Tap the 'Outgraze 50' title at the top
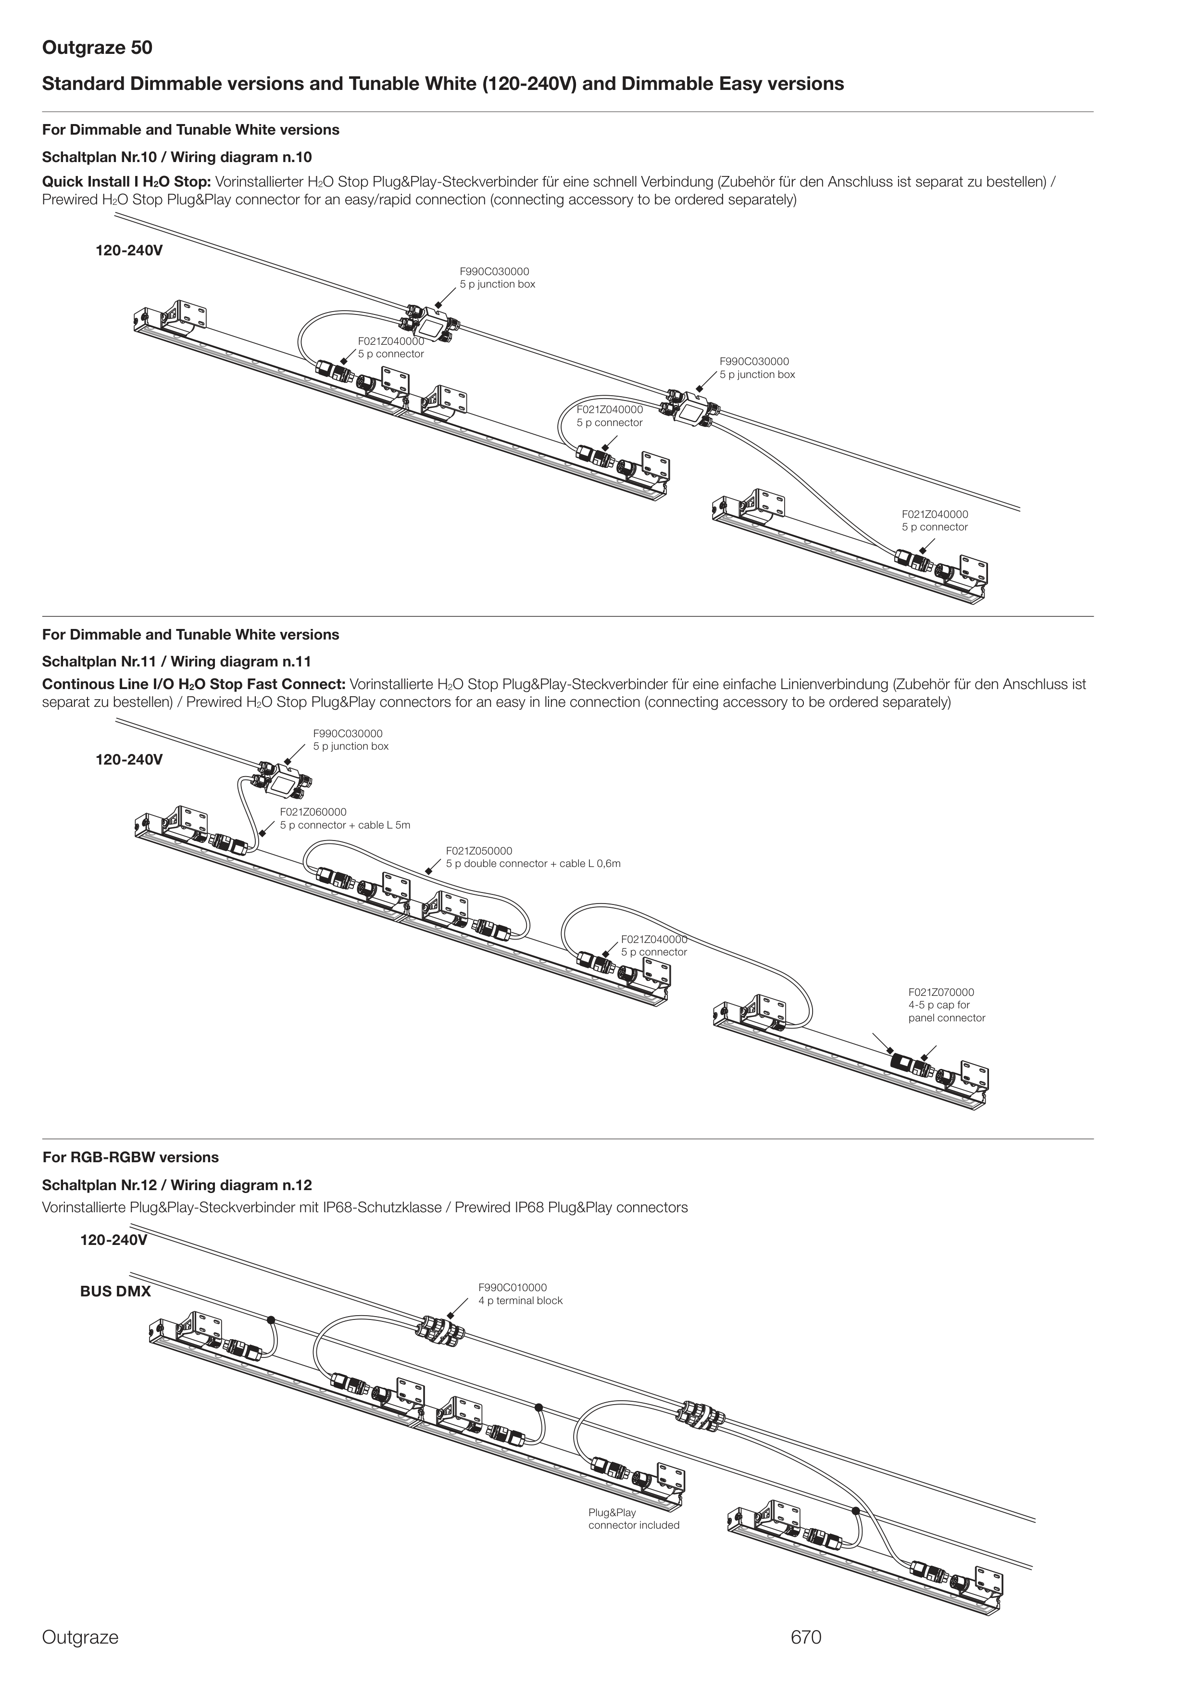coord(97,48)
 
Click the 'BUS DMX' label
coord(115,1292)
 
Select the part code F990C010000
coord(512,1288)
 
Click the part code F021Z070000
coord(941,992)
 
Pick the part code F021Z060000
coord(313,812)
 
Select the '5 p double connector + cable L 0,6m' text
coord(533,864)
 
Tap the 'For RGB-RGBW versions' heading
coord(130,1157)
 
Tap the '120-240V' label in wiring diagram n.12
coord(113,1241)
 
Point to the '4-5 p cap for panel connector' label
coord(947,1012)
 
